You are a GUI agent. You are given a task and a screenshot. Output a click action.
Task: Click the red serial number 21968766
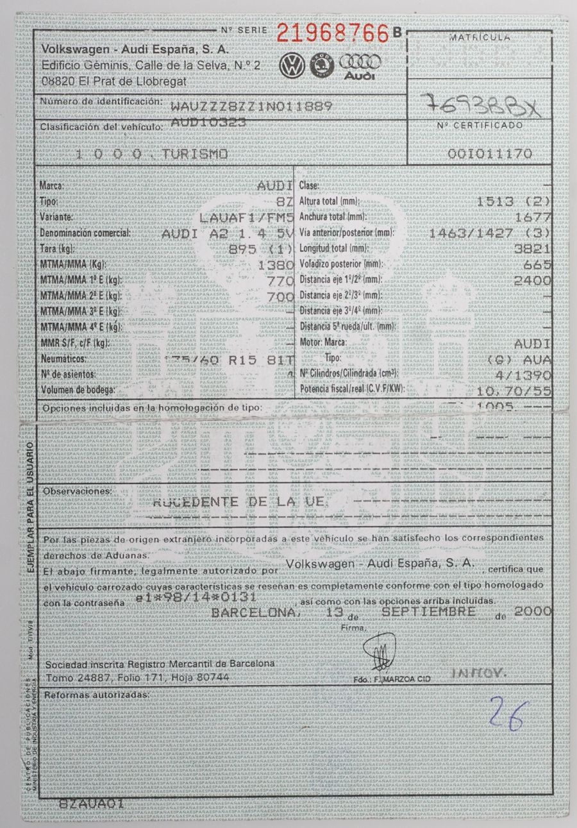click(x=333, y=33)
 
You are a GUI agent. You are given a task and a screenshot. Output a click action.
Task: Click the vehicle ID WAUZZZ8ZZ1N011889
click(x=251, y=105)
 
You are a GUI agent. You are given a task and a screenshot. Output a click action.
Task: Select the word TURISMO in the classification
click(x=194, y=154)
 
